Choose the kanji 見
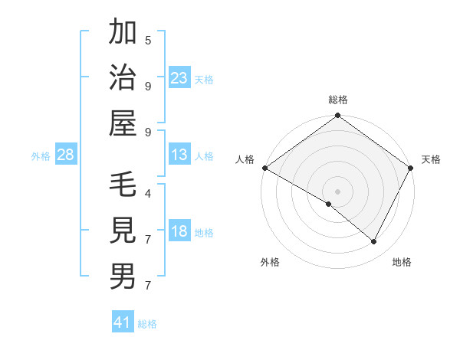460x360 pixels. pos(123,231)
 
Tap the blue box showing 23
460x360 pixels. pos(179,78)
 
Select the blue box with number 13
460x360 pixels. pos(179,155)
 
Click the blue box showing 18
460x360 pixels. pos(179,232)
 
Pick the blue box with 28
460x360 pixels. pos(66,155)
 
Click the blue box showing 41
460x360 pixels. pos(123,322)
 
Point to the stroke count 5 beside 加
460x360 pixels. pos(148,40)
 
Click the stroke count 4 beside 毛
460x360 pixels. pos(148,193)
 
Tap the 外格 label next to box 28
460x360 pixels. pos(41,156)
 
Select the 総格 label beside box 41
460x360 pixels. pos(147,324)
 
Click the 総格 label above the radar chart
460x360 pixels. pos(338,100)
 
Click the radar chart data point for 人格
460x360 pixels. pos(264,168)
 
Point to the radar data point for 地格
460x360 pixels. pos(374,242)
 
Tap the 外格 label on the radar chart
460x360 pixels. pos(270,263)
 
